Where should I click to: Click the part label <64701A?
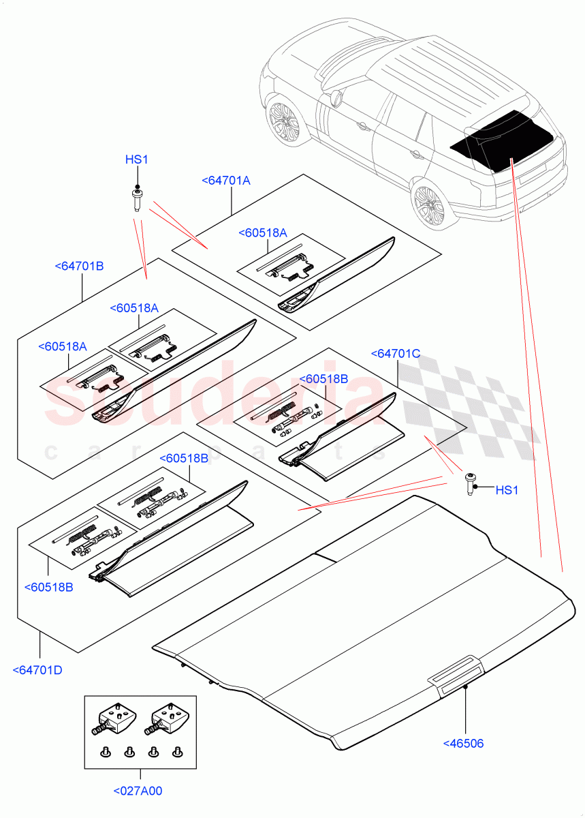pyautogui.click(x=226, y=181)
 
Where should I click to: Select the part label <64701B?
pyautogui.click(x=79, y=266)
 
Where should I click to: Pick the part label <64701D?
pyautogui.click(x=37, y=670)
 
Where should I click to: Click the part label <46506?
pyautogui.click(x=463, y=744)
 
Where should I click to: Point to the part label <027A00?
pyautogui.click(x=138, y=791)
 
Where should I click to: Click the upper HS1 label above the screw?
pyautogui.click(x=136, y=160)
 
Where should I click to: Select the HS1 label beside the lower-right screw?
pyautogui.click(x=506, y=489)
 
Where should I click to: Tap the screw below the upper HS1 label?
pyautogui.click(x=136, y=200)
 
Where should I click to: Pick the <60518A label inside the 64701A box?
pyautogui.click(x=263, y=233)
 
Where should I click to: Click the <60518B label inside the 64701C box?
pyautogui.click(x=323, y=378)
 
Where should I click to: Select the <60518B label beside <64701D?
pyautogui.click(x=48, y=586)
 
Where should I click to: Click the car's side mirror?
pyautogui.click(x=335, y=100)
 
